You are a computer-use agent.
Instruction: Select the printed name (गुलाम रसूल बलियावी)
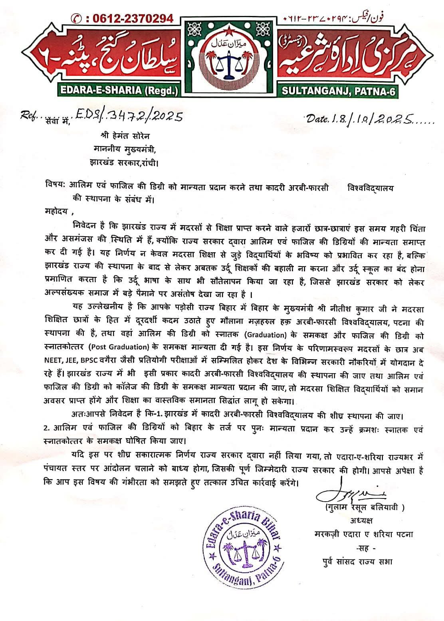[364, 508]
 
